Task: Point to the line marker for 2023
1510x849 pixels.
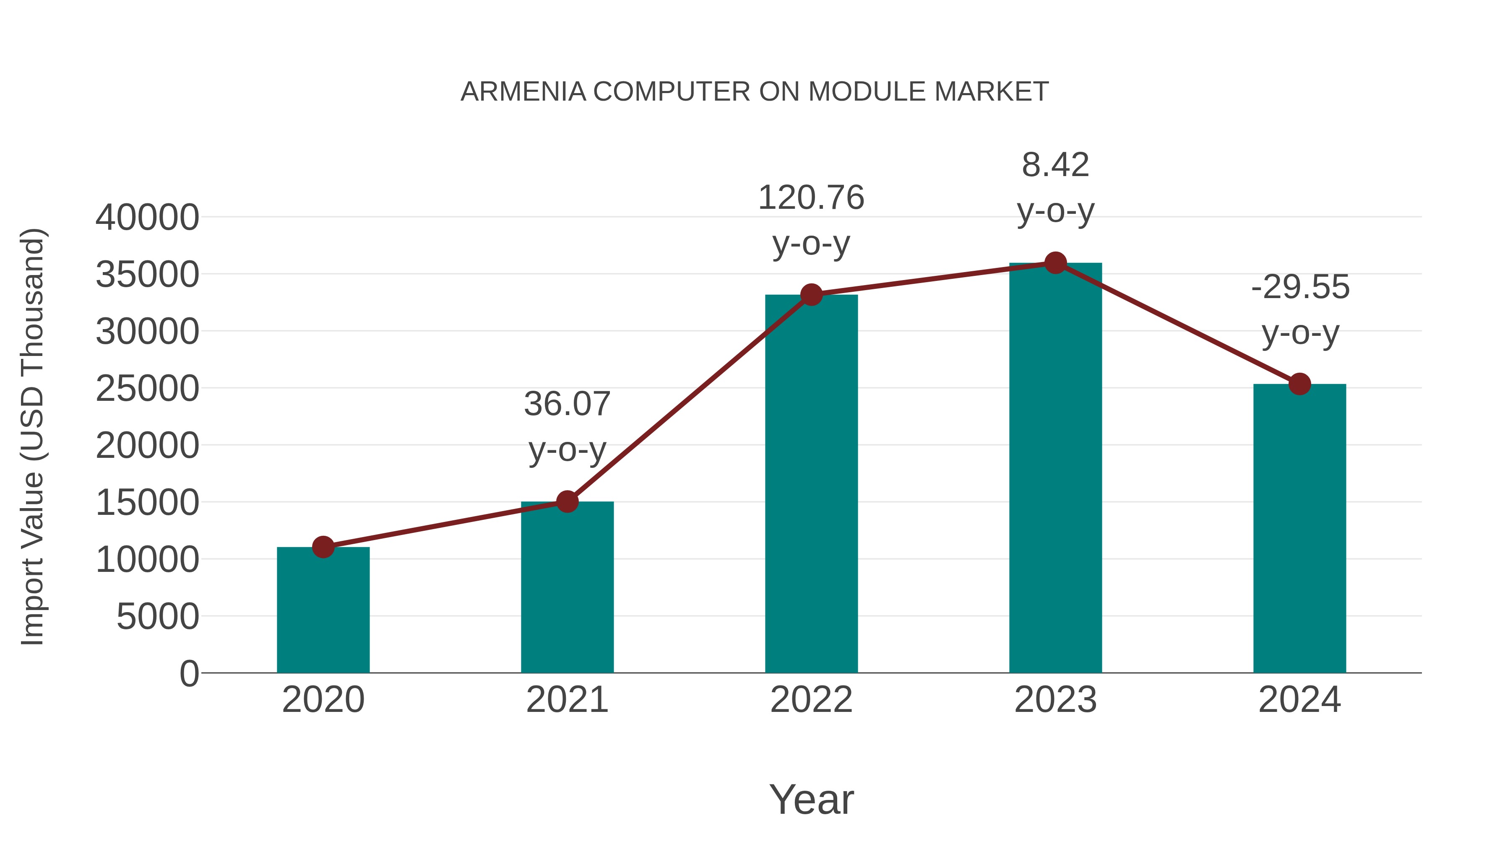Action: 1055,263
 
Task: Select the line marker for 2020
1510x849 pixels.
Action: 323,547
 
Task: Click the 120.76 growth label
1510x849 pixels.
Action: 811,197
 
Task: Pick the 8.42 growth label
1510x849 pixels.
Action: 1055,165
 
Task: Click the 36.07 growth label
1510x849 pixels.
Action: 567,404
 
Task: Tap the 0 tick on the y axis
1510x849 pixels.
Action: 189,673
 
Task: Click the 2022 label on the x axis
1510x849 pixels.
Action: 811,700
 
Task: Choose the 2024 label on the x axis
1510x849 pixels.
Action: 1299,700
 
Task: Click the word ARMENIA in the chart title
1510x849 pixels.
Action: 523,92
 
